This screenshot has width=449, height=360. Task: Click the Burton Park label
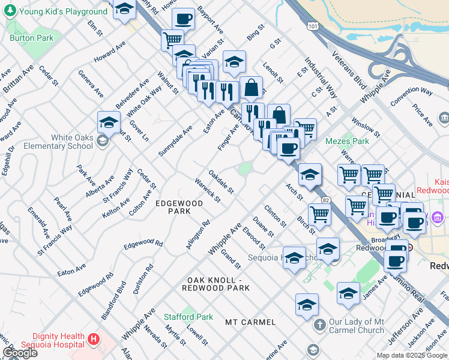click(31, 38)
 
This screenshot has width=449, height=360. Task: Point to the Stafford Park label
click(188, 317)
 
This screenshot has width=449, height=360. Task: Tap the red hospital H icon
click(93, 340)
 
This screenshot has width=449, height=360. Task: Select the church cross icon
click(319, 325)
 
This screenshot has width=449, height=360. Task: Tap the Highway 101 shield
click(312, 27)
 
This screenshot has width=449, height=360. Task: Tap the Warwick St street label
click(208, 190)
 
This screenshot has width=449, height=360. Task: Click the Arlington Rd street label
click(197, 235)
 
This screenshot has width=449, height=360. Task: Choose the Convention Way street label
click(411, 92)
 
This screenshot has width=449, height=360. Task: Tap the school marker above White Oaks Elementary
click(109, 122)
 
